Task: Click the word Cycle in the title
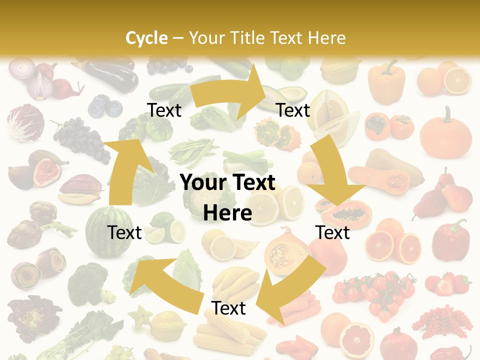(146, 38)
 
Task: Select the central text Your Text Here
(227, 197)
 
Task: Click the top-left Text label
(164, 110)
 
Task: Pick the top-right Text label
(293, 110)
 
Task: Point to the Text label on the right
(332, 232)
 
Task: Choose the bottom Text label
(228, 308)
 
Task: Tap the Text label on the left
(124, 232)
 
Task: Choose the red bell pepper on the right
(450, 240)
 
